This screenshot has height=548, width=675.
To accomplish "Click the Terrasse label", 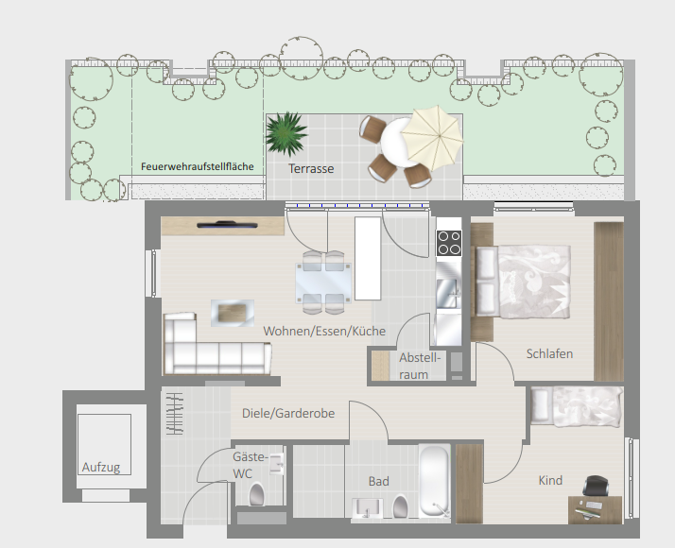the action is click(x=311, y=168).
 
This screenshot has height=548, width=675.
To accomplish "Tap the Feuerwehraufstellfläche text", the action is click(x=198, y=166).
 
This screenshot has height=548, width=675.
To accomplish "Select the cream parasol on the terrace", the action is click(x=432, y=138).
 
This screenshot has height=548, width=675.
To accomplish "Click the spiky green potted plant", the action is click(x=286, y=133).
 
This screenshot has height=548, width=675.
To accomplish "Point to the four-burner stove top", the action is click(x=449, y=243).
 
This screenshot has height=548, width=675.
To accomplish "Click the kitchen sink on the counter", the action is click(x=448, y=293).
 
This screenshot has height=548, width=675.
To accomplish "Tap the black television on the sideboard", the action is click(x=227, y=224).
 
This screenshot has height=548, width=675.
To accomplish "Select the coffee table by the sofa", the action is click(x=232, y=313).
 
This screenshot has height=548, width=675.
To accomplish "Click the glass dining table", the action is click(x=323, y=283).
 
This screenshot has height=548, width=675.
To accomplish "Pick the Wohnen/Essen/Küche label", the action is click(x=324, y=332).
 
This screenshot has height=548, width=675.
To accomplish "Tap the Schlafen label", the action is click(x=549, y=353).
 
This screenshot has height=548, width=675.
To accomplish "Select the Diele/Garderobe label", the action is click(x=288, y=414).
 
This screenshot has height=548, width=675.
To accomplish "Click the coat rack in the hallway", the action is click(x=175, y=414).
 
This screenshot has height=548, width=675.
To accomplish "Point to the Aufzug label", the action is click(x=101, y=467).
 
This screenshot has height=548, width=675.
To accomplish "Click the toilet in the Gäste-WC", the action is click(x=256, y=494).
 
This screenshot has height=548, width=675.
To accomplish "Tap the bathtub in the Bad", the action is click(x=434, y=481).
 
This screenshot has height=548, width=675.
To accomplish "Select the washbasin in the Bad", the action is click(x=367, y=509).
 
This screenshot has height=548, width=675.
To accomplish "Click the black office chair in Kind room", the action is click(x=596, y=487).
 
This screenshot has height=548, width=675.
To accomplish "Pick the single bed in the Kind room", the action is click(x=577, y=406).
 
